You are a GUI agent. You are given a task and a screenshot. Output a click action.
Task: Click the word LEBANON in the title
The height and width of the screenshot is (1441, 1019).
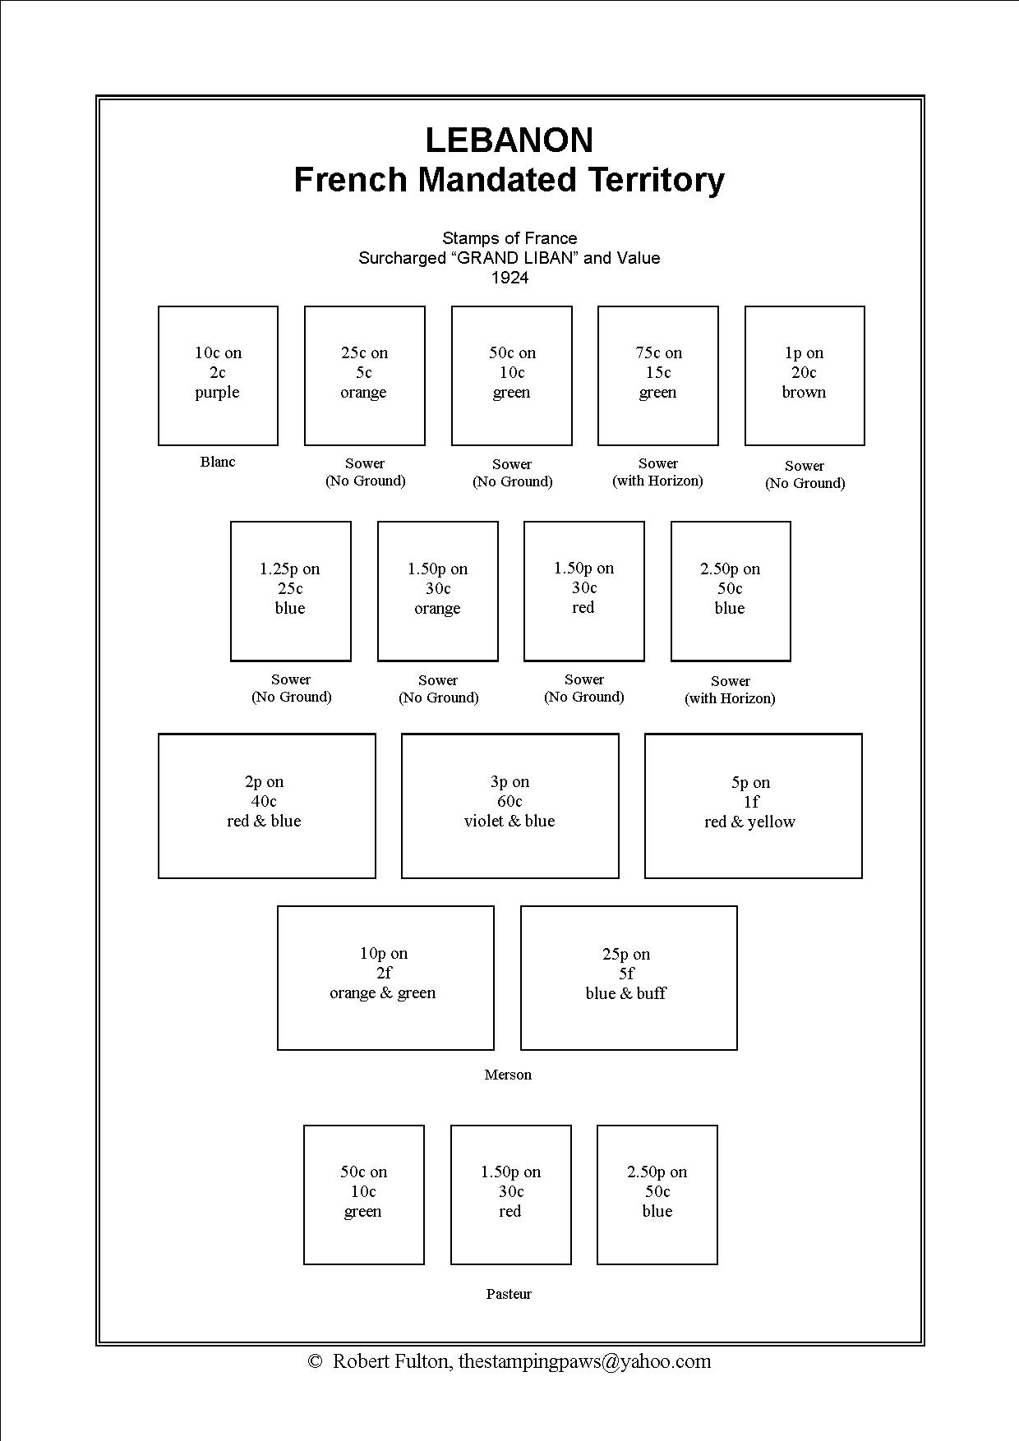click(x=509, y=140)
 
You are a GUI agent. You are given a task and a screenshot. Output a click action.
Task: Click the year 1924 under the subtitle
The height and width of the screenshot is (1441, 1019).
click(x=509, y=278)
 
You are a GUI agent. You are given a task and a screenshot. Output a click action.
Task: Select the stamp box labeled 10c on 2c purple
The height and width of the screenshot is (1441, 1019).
click(x=218, y=375)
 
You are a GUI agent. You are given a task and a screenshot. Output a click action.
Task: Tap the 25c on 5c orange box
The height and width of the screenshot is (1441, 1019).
click(x=364, y=375)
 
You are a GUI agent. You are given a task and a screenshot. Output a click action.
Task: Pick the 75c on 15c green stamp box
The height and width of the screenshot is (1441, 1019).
click(x=657, y=375)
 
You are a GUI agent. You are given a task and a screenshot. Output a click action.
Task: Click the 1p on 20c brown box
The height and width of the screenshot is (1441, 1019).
click(x=804, y=375)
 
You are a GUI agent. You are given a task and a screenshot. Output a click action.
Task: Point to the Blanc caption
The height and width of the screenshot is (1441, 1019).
click(x=218, y=462)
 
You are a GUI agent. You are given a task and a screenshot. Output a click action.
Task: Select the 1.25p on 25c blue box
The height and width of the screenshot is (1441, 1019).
click(x=290, y=591)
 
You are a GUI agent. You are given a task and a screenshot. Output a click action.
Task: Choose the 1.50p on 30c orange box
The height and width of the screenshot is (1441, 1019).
click(x=437, y=591)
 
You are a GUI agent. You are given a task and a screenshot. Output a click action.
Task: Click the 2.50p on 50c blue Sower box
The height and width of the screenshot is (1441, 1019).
click(x=730, y=591)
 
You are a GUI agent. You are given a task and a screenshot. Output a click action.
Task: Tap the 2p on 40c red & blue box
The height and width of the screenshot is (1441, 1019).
click(x=266, y=805)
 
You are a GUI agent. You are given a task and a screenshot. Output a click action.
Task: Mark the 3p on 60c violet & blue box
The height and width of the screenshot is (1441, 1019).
click(x=509, y=805)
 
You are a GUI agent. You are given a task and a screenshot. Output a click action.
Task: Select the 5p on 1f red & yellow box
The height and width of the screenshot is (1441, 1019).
click(x=753, y=805)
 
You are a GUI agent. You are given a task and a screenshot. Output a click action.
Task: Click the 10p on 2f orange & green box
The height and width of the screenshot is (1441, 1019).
click(x=385, y=978)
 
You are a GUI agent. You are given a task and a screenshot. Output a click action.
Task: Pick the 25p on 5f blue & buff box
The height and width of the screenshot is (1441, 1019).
click(x=629, y=978)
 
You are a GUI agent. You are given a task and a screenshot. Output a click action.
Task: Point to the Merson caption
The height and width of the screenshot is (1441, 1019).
click(x=508, y=1075)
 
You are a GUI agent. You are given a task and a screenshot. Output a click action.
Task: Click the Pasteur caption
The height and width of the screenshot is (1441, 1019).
click(x=509, y=1294)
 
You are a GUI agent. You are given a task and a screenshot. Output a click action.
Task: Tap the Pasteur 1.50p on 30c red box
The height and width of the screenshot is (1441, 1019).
click(x=510, y=1194)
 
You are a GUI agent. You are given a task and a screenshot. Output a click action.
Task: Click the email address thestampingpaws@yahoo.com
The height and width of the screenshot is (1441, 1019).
click(x=584, y=1361)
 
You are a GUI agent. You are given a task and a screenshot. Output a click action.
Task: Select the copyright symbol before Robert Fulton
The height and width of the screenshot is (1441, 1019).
click(x=314, y=1361)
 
